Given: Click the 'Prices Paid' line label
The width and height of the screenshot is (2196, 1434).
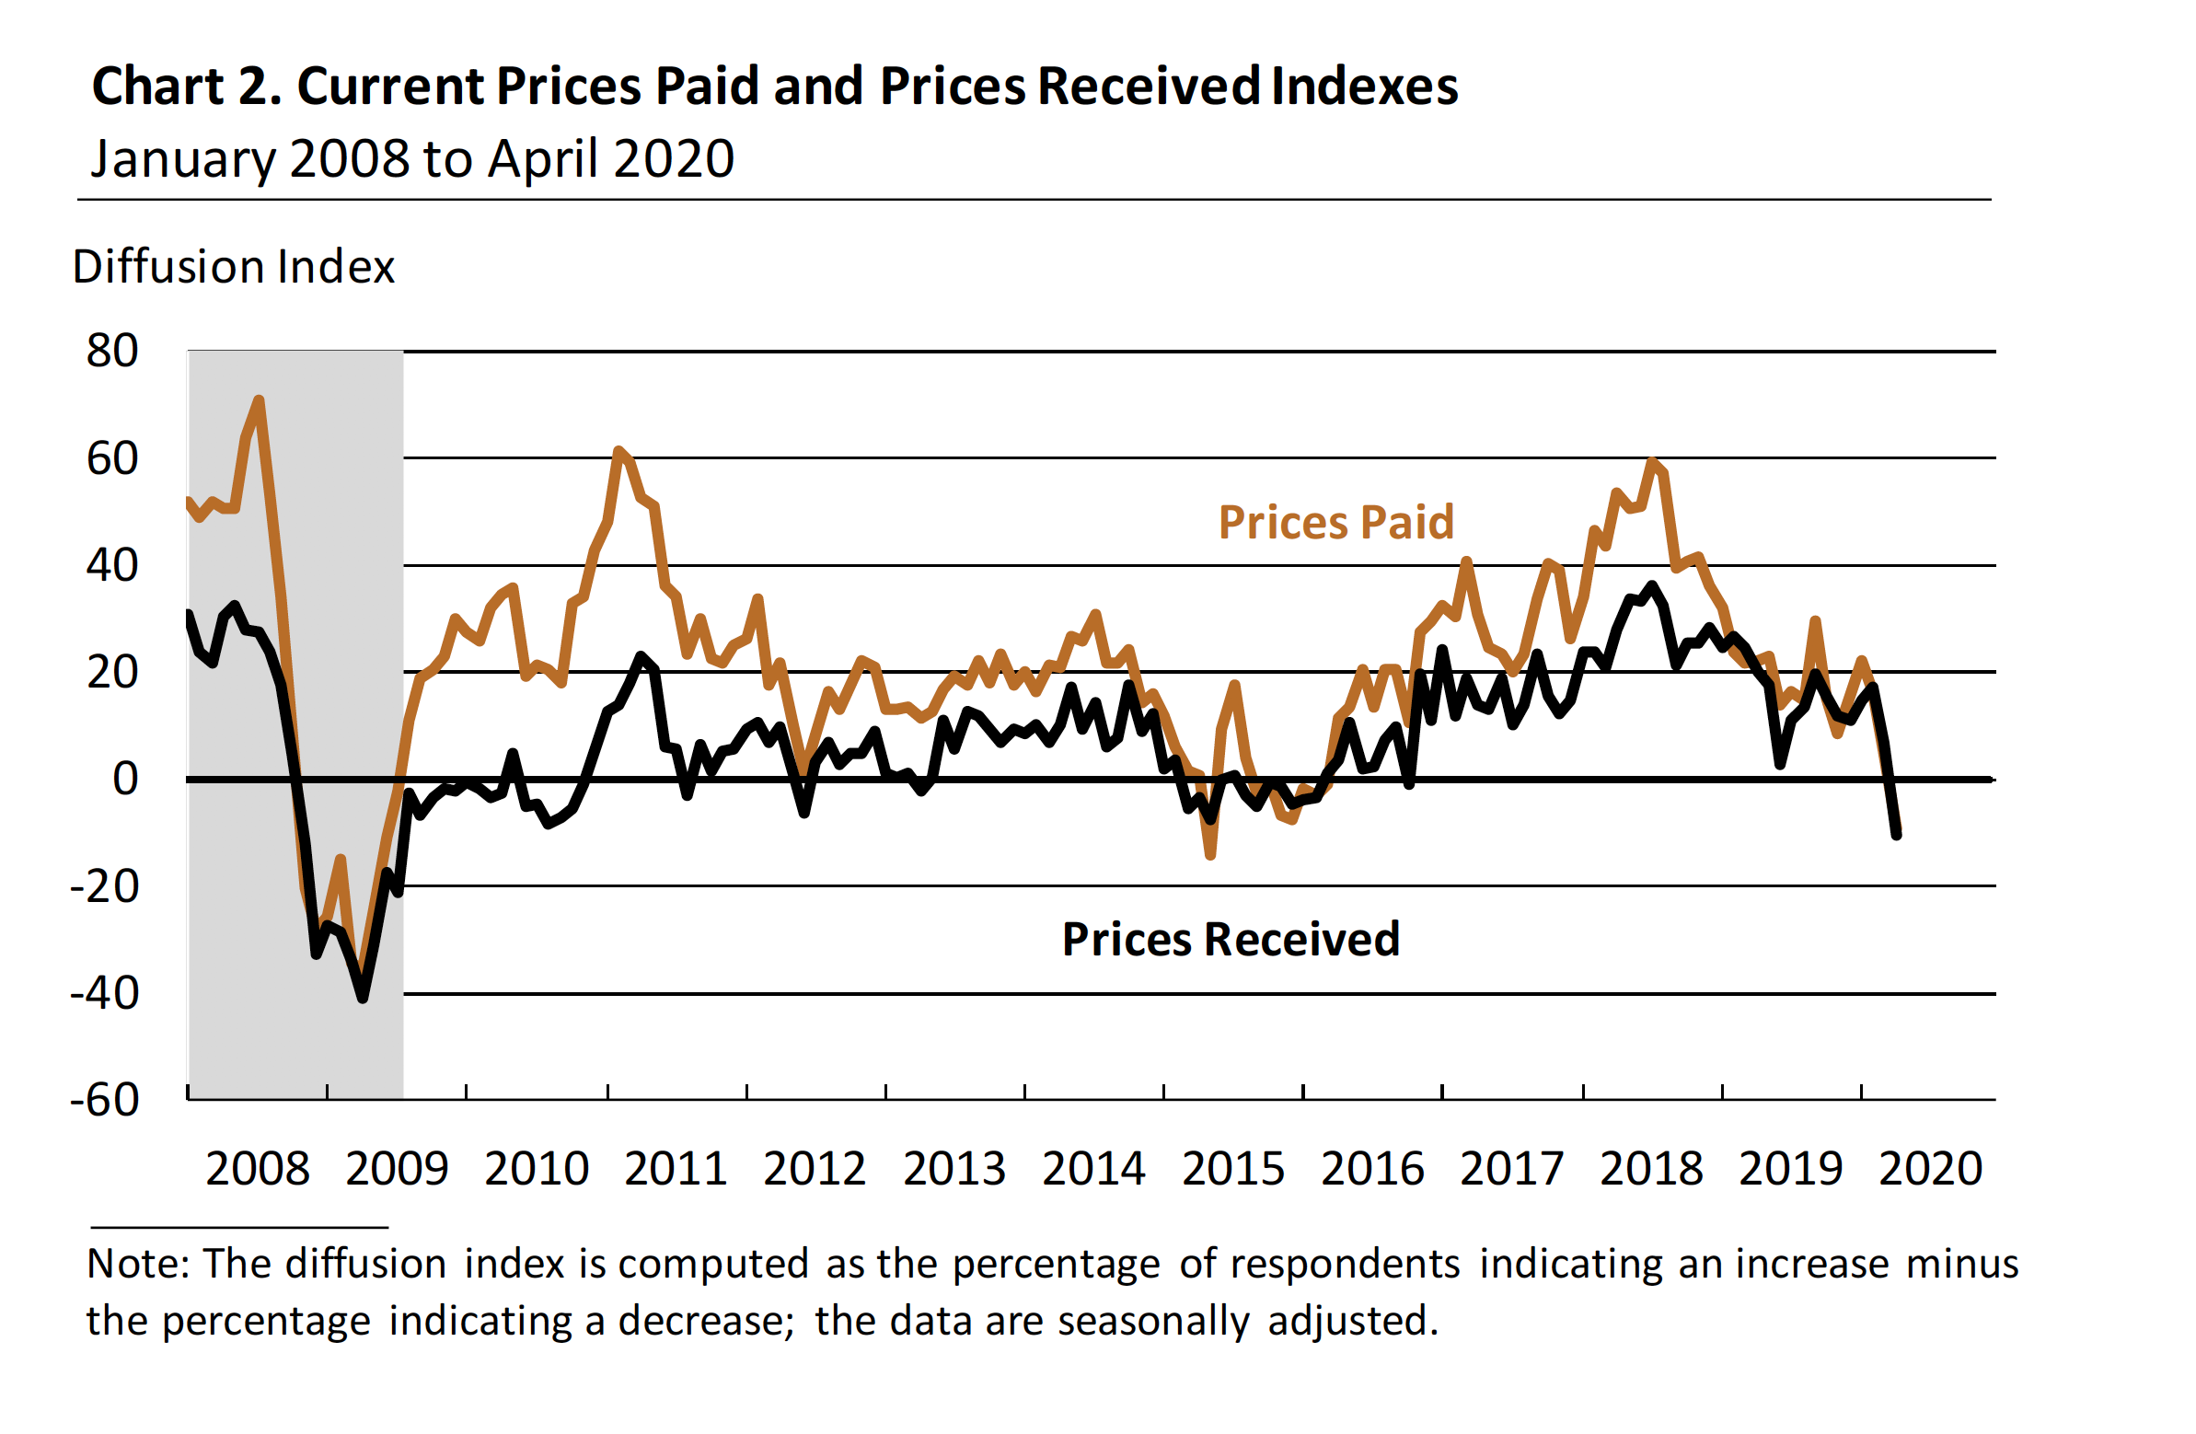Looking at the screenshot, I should pos(1336,523).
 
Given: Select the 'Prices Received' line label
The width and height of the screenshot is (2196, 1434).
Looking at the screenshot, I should pos(1231,940).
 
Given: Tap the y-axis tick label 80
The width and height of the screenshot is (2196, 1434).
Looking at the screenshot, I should pos(111,352).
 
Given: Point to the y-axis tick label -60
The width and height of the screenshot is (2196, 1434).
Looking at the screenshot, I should pos(104,1100).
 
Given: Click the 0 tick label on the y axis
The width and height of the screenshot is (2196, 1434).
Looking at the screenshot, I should pos(125,780).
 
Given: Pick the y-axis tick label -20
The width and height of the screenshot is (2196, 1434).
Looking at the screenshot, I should pos(104,886).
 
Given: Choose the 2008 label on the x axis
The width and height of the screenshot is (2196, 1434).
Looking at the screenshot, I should pos(258,1169).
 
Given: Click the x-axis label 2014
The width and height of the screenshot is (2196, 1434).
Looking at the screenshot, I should pos(1093,1169).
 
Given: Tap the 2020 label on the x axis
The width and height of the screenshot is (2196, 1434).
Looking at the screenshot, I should pos(1930,1169).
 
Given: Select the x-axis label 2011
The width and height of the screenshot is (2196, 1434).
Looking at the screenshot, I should pos(676,1169).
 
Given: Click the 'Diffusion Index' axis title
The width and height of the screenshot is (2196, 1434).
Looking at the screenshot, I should pos(234,268).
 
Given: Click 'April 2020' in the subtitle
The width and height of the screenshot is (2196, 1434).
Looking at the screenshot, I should pos(611,158).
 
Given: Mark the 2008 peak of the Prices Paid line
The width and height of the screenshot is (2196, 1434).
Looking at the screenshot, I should pos(260,400).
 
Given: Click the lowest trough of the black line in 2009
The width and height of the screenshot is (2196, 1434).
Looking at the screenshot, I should pos(363,998).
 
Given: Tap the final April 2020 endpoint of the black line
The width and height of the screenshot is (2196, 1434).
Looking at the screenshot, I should pos(1897,835).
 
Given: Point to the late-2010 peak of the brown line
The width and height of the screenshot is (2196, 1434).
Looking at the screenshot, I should pos(618,450).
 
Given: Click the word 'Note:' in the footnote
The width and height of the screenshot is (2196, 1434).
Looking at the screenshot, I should pos(137,1265).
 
